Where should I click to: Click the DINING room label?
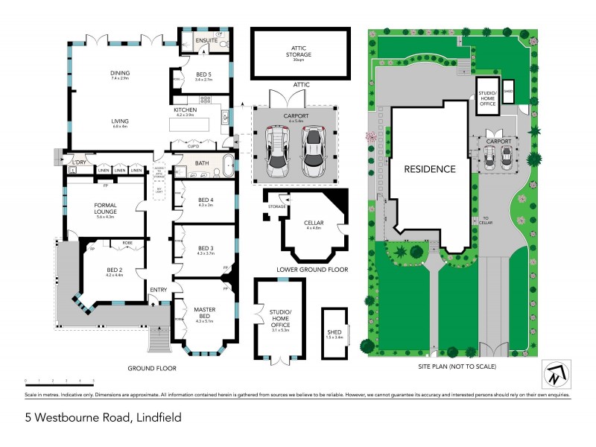pos(120,74)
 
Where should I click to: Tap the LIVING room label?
pos(120,121)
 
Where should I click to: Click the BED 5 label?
pos(204,74)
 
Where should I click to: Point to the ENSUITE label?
pos(206,39)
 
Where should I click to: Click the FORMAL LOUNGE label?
pos(105,208)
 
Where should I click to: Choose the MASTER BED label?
pos(204,313)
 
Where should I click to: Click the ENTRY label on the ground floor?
pos(158,290)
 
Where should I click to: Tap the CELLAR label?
pos(313,222)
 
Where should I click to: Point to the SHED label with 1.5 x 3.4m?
pos(333,333)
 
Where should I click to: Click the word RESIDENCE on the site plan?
pos(429,169)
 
